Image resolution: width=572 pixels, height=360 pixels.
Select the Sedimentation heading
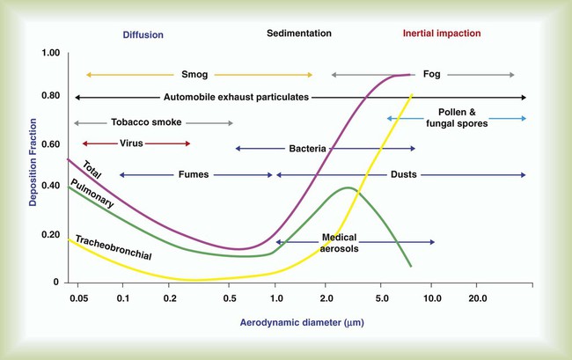click(x=299, y=33)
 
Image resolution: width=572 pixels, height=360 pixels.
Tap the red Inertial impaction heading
click(x=442, y=33)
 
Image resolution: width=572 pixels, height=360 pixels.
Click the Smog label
click(x=194, y=75)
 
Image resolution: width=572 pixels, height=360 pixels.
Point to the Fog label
click(x=432, y=75)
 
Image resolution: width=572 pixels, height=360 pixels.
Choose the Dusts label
click(x=404, y=174)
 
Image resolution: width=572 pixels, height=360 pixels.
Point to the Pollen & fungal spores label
click(x=456, y=118)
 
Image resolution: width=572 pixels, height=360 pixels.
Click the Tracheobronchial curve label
click(x=114, y=248)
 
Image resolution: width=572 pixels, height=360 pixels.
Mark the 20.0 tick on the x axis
click(x=477, y=298)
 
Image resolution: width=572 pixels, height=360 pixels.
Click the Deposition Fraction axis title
click(x=33, y=173)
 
